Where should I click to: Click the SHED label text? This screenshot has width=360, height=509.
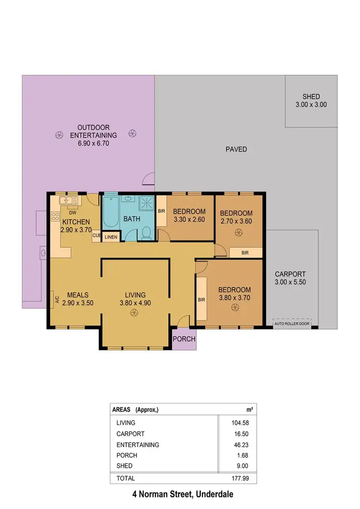tap(311, 96)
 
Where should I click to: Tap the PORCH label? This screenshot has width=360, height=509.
tap(184, 339)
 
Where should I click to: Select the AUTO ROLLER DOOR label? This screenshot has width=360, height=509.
tap(292, 323)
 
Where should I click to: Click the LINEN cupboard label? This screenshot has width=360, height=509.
tap(110, 237)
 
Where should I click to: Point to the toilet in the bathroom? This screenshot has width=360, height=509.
tap(147, 233)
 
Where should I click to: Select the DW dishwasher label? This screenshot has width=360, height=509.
tap(72, 213)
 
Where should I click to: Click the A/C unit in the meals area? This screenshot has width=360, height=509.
tap(57, 300)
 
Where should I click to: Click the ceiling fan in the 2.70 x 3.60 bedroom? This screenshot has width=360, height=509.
tap(238, 232)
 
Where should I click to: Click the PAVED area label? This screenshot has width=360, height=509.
tap(236, 149)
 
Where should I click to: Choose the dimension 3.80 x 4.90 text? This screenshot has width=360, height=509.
tap(135, 303)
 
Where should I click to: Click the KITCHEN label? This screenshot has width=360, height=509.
tap(75, 222)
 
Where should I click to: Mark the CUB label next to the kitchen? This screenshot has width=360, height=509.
tap(96, 236)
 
